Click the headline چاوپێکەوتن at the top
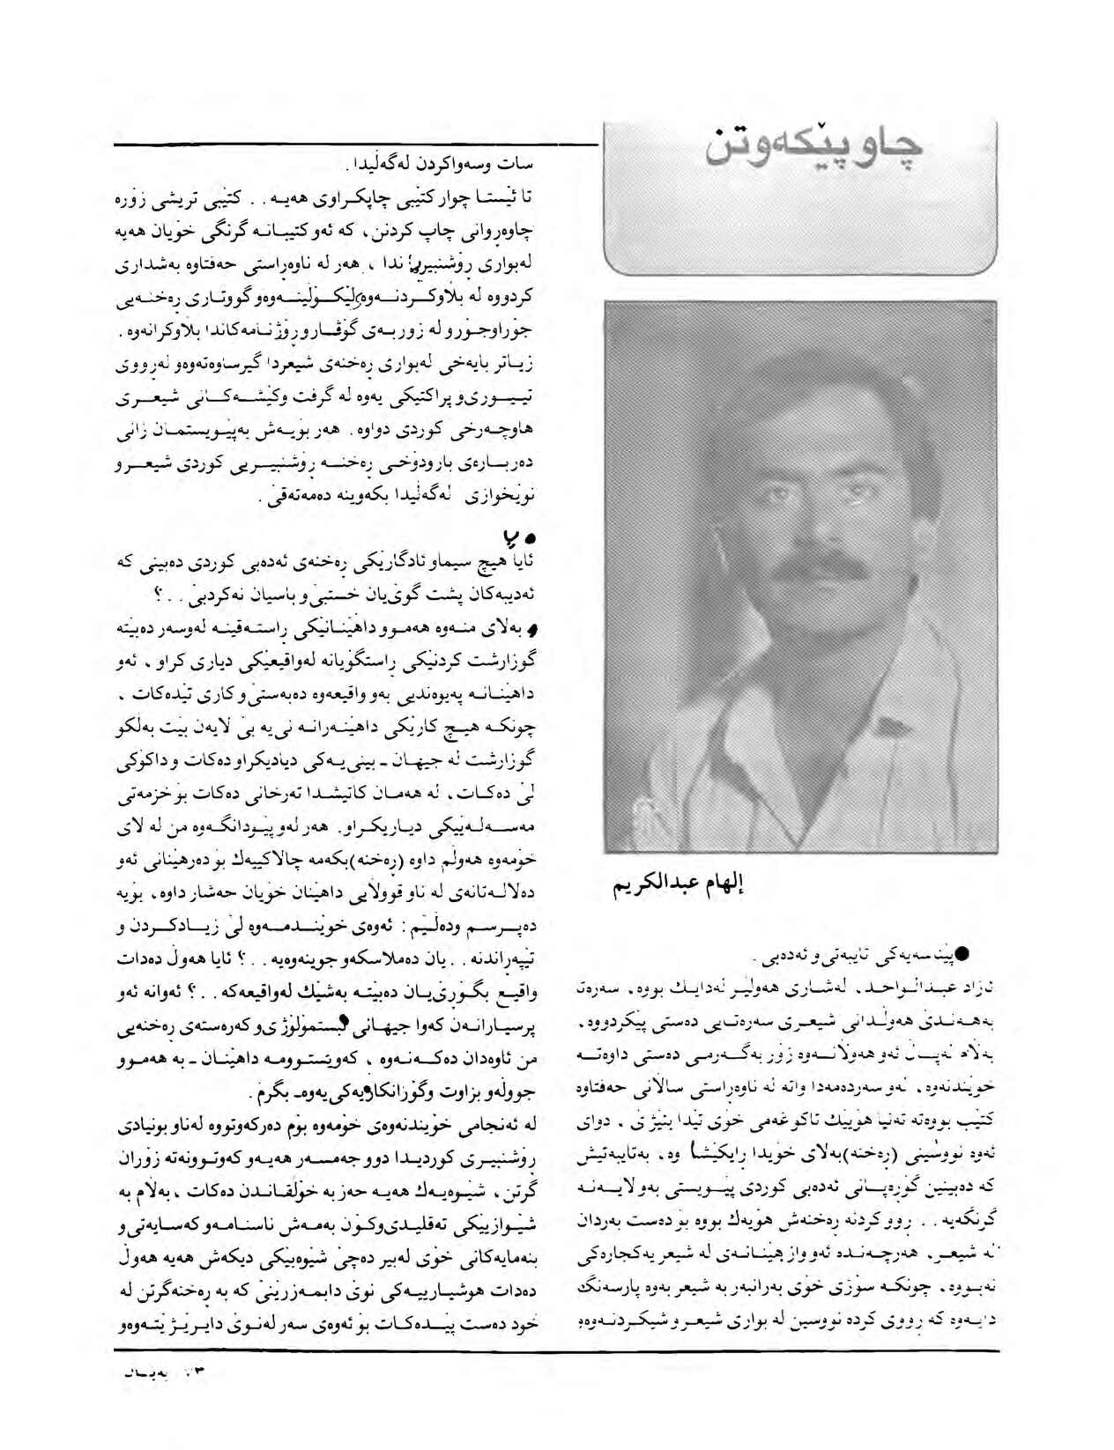[x=813, y=145]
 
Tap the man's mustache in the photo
[x=807, y=563]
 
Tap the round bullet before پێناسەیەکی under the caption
[x=963, y=952]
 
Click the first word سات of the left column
[x=521, y=164]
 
